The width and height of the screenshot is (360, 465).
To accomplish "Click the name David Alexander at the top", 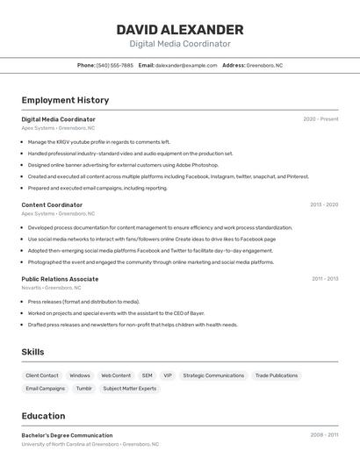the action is (180, 29).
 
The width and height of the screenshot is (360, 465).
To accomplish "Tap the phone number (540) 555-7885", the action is (115, 65).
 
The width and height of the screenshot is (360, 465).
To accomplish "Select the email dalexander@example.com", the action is (186, 65).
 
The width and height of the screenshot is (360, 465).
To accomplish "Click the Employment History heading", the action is (65, 100).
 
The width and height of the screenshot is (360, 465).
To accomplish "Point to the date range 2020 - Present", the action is (320, 119).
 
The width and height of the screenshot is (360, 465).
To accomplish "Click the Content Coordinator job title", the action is (52, 204).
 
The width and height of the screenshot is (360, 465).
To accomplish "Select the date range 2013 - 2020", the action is (323, 204).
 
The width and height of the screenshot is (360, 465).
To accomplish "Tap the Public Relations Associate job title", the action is (60, 279).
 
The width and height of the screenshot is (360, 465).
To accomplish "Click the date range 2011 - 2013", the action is (325, 279).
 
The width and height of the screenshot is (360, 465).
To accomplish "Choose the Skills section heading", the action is (33, 352).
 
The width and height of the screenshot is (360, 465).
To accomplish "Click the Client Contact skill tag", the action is (42, 376).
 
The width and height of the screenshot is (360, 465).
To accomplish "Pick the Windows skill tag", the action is (80, 376).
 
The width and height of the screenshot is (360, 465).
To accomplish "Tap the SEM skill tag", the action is (147, 376).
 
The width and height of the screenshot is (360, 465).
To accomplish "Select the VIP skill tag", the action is (168, 376).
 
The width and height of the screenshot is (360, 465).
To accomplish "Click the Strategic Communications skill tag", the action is (213, 376).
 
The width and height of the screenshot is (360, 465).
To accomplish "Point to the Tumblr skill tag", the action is (83, 388).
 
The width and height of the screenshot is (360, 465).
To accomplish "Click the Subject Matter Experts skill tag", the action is (129, 388).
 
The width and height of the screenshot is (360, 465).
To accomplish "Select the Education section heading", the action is (43, 416).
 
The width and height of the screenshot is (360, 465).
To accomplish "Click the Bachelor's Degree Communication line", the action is (67, 435).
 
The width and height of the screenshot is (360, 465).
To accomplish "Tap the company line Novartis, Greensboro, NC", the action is (51, 287).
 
